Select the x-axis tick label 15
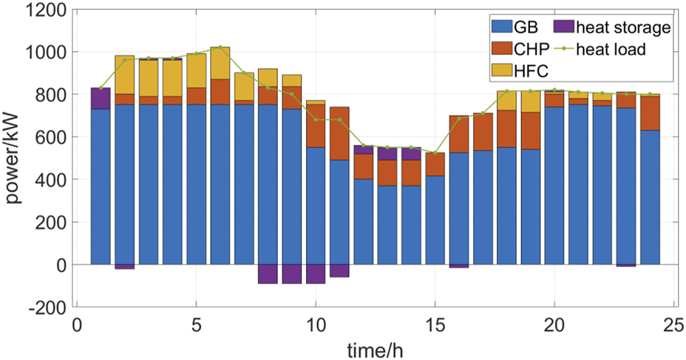[x=435, y=327]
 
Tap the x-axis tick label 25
[x=673, y=327]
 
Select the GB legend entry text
[x=526, y=27]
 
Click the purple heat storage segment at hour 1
[x=101, y=98]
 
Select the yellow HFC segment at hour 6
[x=220, y=64]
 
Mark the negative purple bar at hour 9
[x=292, y=274]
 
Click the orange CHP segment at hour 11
[x=339, y=134]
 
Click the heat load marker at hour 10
[x=316, y=119]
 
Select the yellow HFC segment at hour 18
[x=506, y=101]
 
